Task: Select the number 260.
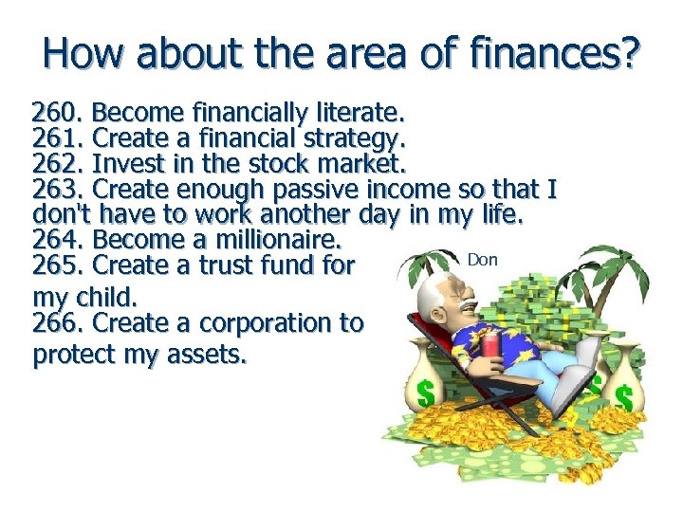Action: tap(58, 115)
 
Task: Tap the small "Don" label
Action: tap(482, 260)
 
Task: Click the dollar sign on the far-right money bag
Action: tap(623, 396)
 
